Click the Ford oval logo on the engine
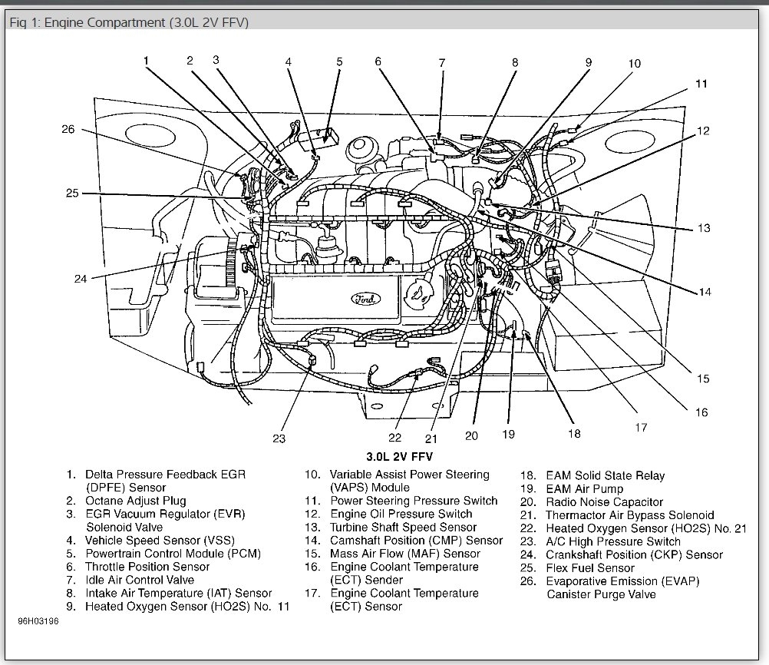pos(363,298)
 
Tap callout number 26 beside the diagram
pos(68,129)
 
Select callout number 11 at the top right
pos(701,84)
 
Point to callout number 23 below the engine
pos(278,438)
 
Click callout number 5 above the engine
pos(338,61)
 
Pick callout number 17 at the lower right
pos(640,428)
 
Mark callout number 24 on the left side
pos(81,279)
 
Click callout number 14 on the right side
pos(704,292)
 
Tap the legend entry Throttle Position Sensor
pos(147,567)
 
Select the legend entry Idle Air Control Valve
pos(140,580)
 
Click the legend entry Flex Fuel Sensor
pos(589,568)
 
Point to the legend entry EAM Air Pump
pos(584,488)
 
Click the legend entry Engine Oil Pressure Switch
pos(401,514)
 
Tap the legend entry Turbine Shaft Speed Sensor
pos(403,527)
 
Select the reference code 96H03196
pos(38,620)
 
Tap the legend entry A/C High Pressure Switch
pos(602,541)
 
